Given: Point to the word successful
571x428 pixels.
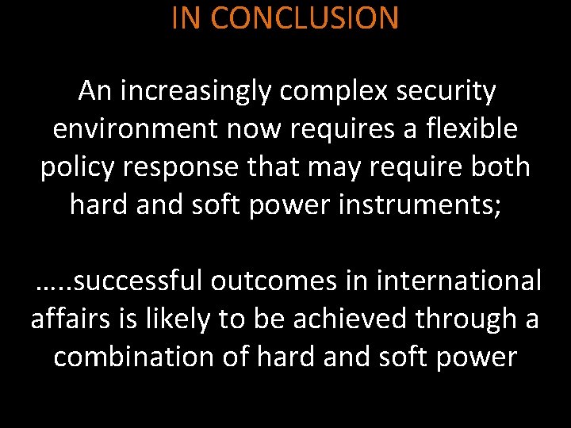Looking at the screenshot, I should (143, 281).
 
